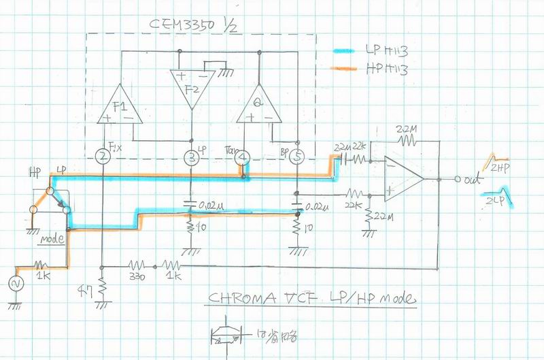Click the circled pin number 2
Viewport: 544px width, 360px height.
coord(103,157)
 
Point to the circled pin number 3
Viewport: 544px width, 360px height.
coord(192,158)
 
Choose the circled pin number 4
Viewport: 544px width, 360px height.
coord(245,158)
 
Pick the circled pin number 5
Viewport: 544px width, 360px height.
coord(297,158)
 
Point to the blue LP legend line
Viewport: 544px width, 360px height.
coord(350,50)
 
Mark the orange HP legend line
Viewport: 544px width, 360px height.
coord(350,67)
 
